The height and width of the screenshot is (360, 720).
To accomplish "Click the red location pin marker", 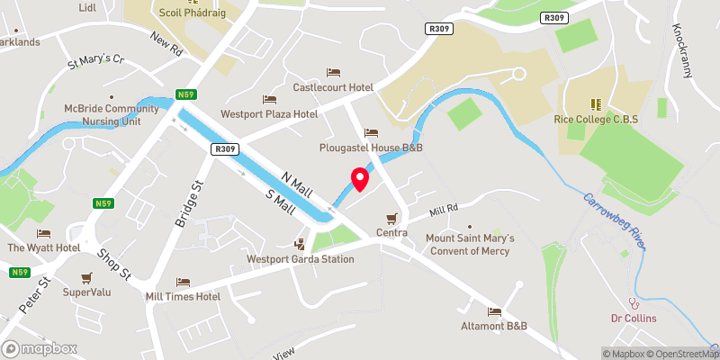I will pos(359,180).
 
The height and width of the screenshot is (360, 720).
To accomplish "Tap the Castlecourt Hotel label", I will pos(333,87).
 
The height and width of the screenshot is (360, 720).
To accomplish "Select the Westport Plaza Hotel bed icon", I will pos(268,99).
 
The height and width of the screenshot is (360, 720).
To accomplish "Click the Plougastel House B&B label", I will pos(371,147).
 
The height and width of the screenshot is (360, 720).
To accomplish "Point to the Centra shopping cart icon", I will pos(391,219).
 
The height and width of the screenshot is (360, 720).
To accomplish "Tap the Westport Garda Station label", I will pos(301,259).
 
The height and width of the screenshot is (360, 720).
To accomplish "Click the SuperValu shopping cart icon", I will pos(86,277).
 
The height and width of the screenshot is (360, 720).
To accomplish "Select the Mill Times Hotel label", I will pos(183,296).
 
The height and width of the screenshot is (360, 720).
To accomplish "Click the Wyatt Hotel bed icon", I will pos(42,233).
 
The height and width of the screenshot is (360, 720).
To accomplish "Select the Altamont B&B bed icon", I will pos(493,311).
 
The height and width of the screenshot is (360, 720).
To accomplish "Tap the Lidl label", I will pos(87,7).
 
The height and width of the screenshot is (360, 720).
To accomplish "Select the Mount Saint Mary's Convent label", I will pos(469,244).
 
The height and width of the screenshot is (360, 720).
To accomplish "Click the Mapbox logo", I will pos(40,348).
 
